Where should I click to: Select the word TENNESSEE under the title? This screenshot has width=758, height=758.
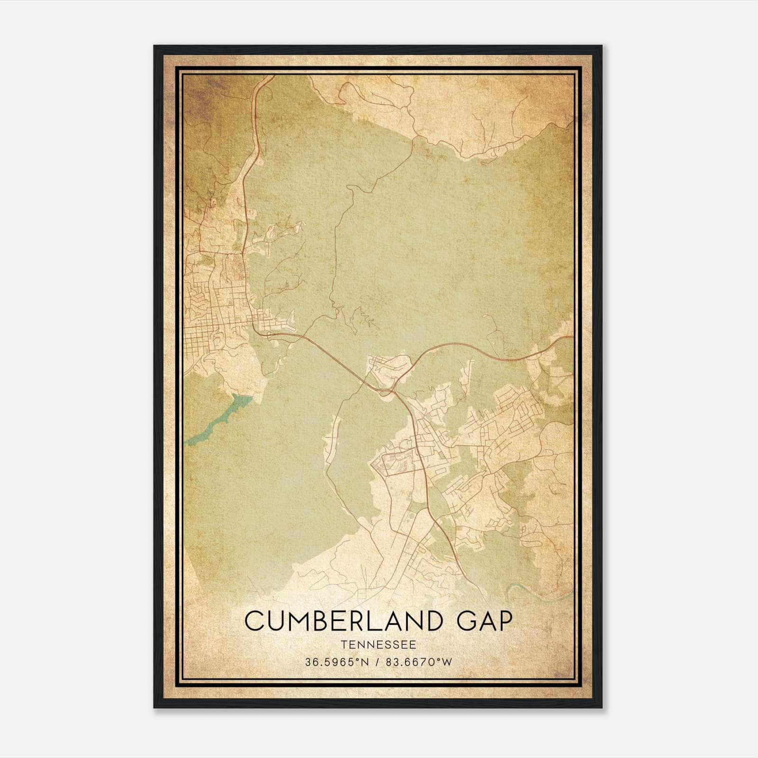click(x=379, y=645)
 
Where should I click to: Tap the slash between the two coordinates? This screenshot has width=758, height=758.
click(x=378, y=662)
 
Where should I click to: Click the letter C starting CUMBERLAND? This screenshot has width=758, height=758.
click(x=254, y=621)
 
